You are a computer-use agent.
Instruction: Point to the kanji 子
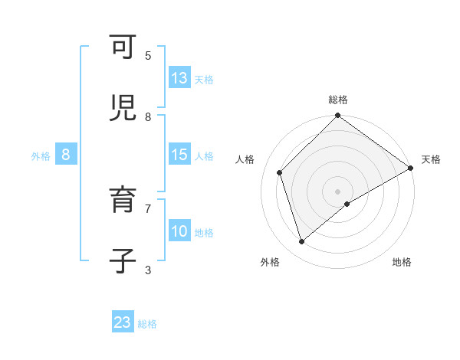tap(123, 261)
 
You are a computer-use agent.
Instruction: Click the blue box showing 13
tap(179, 77)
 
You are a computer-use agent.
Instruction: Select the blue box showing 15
tap(179, 154)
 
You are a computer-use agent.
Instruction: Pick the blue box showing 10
tap(179, 231)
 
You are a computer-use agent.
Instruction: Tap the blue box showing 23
tap(123, 322)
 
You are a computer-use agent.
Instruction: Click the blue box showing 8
tap(66, 154)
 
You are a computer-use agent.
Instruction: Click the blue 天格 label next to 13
tap(204, 79)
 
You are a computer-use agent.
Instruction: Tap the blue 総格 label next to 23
tap(147, 324)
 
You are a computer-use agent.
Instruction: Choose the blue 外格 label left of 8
tap(41, 155)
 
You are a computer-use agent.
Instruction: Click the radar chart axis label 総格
tap(338, 100)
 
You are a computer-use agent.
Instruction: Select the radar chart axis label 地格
tap(402, 263)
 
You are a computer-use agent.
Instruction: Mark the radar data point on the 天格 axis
tap(410, 169)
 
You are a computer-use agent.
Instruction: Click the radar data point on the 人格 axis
tap(280, 172)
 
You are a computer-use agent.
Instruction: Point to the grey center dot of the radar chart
tap(338, 191)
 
